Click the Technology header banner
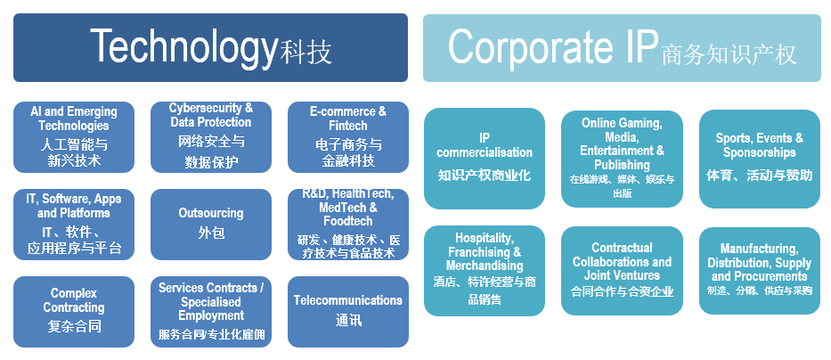210,48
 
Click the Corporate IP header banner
622,48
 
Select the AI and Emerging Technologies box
74,137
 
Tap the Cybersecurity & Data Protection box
211,137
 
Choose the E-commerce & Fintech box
348,137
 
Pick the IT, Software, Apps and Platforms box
74,225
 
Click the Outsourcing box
211,225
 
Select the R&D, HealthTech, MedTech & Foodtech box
348,225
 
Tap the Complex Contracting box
74,312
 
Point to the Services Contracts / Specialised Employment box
211,312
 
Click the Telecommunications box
348,312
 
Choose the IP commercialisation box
485,159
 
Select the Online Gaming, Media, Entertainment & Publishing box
623,159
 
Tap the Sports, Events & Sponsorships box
760,159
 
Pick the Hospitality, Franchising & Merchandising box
485,271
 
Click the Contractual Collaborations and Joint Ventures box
623,271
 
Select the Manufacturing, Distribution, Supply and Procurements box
760,271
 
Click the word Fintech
347,126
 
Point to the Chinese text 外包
211,233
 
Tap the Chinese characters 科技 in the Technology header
306,53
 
